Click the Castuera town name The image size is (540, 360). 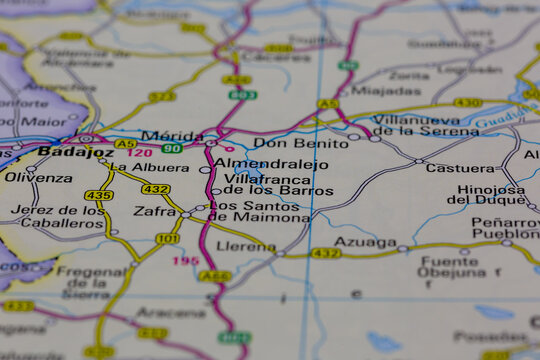[460, 168]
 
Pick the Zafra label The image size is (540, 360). [154, 212]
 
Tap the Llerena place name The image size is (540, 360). [246, 246]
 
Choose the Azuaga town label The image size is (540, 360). [365, 242]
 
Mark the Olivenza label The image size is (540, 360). [37, 177]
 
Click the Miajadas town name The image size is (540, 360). [386, 90]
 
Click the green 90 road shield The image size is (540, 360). [172, 149]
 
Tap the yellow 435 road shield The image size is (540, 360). [98, 195]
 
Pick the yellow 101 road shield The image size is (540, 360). [168, 239]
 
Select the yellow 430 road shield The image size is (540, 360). [467, 103]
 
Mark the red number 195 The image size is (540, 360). [185, 261]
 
